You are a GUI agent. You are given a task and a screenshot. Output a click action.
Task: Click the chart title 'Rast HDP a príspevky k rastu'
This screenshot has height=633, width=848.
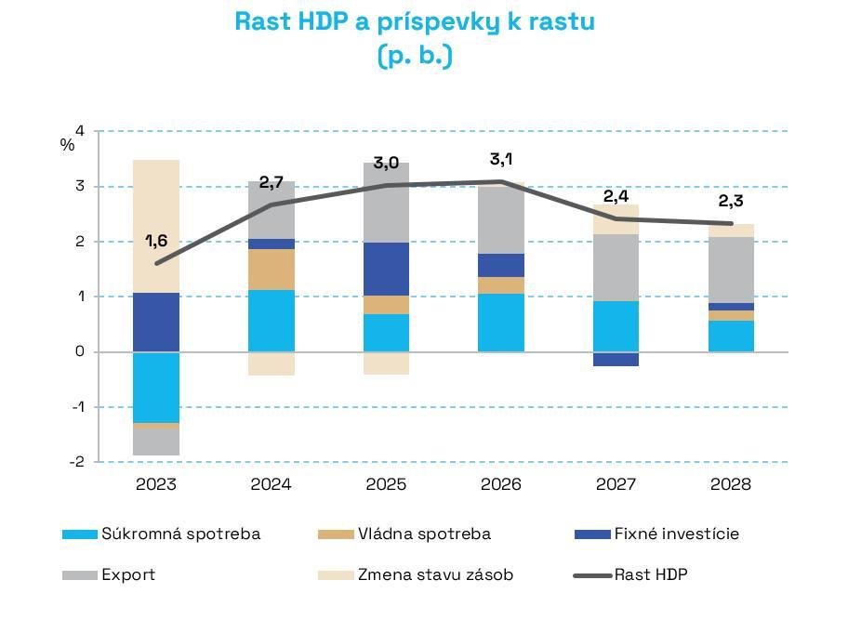click(x=415, y=22)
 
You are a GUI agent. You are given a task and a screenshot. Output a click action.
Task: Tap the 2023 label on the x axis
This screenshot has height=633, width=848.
click(x=156, y=484)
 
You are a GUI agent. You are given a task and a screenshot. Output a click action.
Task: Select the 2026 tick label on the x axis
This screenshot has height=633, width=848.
click(x=501, y=484)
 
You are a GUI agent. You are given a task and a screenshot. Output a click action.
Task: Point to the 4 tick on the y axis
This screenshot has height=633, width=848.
click(x=79, y=131)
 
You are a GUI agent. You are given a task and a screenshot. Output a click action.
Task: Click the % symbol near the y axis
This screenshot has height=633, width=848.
click(x=67, y=146)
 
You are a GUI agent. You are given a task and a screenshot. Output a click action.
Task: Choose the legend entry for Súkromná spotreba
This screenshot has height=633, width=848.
click(x=160, y=534)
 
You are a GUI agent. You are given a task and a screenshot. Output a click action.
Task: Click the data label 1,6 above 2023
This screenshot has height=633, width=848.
click(x=156, y=242)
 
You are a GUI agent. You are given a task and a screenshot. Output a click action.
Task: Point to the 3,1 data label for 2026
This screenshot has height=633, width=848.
click(x=502, y=160)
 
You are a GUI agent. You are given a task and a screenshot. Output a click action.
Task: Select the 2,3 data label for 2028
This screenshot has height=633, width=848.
click(x=732, y=201)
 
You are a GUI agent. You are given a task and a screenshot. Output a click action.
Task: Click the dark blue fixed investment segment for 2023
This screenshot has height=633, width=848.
click(x=156, y=322)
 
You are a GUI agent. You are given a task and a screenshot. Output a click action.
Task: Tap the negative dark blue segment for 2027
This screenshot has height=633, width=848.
click(x=616, y=359)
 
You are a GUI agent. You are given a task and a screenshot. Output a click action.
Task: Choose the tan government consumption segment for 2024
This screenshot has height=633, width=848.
click(x=272, y=270)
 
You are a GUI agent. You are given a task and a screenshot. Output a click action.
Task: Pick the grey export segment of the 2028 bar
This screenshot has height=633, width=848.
click(x=732, y=270)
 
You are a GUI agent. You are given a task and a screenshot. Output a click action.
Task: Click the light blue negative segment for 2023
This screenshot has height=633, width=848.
click(x=156, y=387)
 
